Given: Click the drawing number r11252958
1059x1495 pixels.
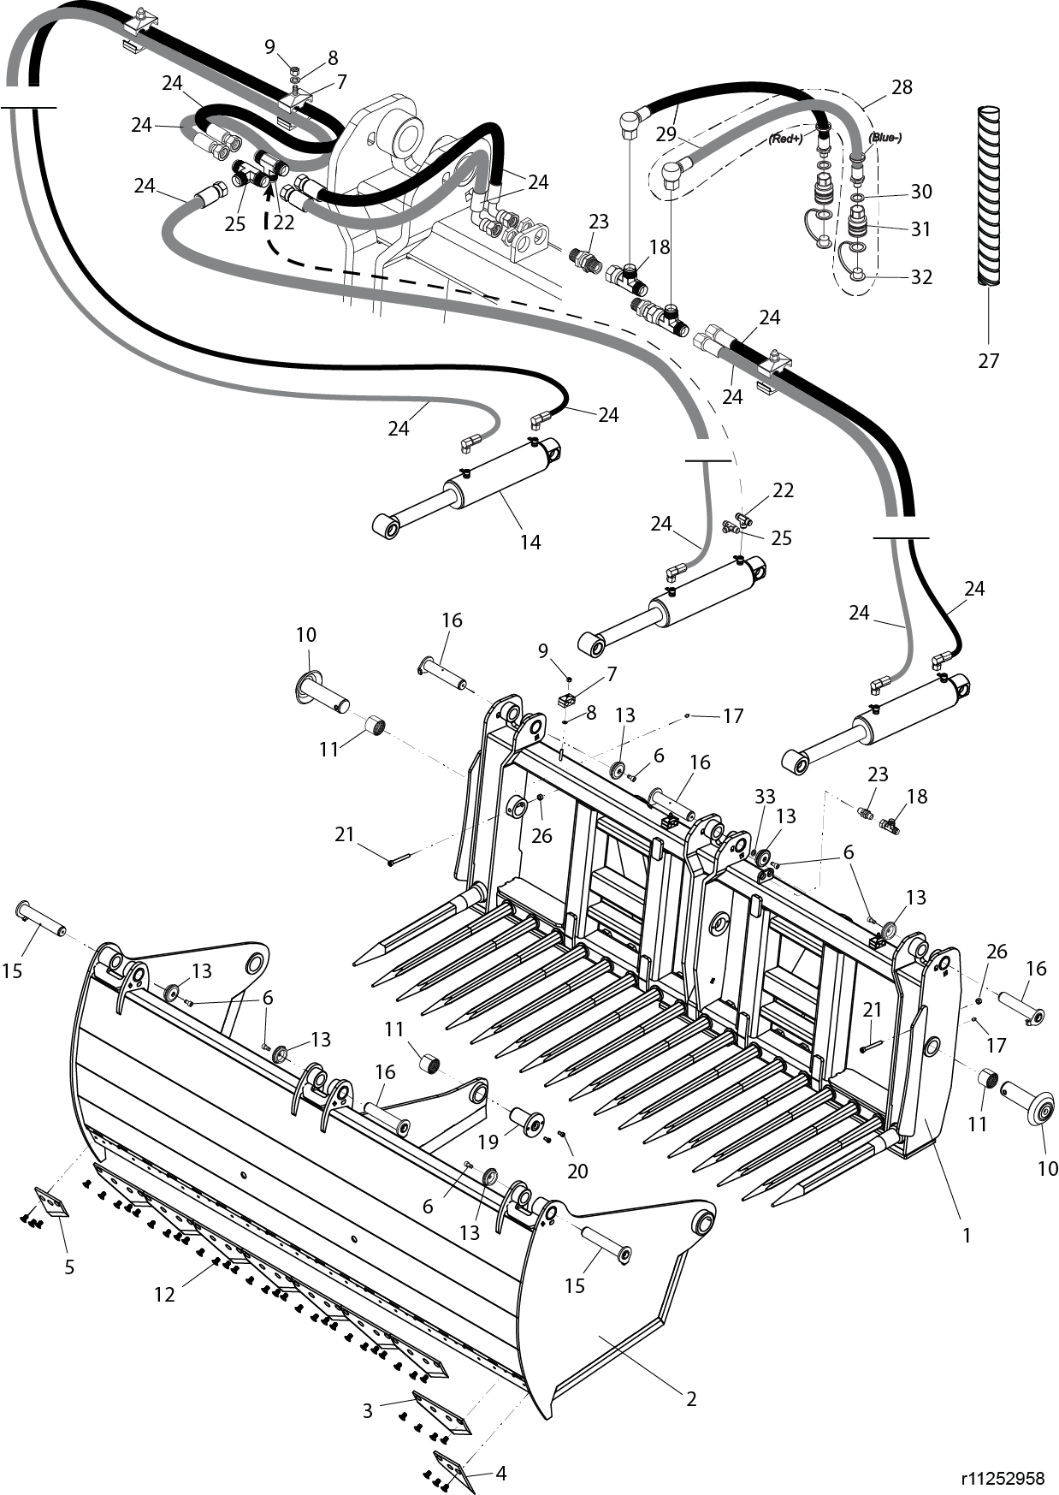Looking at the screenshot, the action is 1003,1478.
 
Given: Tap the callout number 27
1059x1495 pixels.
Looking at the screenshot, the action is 988,361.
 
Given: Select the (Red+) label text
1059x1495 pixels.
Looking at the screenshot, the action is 784,138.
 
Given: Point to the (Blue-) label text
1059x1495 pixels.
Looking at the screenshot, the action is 884,137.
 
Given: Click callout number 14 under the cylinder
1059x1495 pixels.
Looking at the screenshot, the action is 530,542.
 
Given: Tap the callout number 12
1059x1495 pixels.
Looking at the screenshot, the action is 164,1295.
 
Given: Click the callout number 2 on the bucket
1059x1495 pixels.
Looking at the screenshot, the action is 691,1399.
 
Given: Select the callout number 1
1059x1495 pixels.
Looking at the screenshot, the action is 967,1235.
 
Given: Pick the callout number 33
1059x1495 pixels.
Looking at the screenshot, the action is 764,796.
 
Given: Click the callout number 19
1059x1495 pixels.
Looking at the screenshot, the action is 488,1141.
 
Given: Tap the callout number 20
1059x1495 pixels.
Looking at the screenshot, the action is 577,1171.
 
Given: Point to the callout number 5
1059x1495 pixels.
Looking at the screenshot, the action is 69,1267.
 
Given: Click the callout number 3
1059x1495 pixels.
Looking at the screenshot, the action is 368,1409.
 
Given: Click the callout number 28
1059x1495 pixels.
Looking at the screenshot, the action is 902,86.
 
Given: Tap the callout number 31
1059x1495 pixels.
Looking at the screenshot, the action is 920,228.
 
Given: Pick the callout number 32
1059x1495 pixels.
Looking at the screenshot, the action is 920,276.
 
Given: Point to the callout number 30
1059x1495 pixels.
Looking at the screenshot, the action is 920,191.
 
